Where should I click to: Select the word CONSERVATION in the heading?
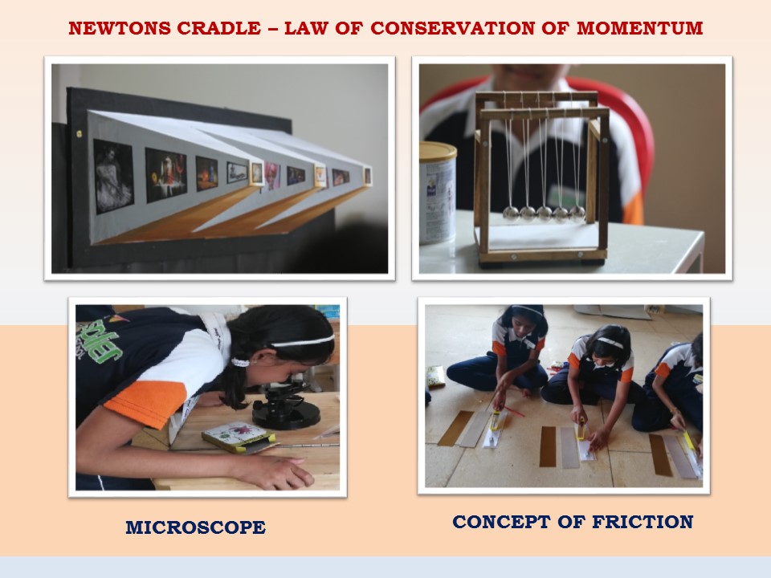tap(452, 29)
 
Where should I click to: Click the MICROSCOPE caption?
tap(196, 527)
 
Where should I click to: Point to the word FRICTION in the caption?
tap(642, 522)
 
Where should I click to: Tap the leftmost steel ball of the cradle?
tap(511, 212)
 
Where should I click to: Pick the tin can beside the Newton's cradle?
tap(437, 193)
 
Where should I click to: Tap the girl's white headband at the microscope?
tap(303, 340)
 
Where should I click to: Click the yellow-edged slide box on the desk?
tap(239, 437)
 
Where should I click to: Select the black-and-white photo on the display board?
tap(113, 177)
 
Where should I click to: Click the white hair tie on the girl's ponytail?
tap(240, 363)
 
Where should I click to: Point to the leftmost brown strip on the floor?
tap(456, 428)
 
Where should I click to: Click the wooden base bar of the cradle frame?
tap(543, 255)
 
